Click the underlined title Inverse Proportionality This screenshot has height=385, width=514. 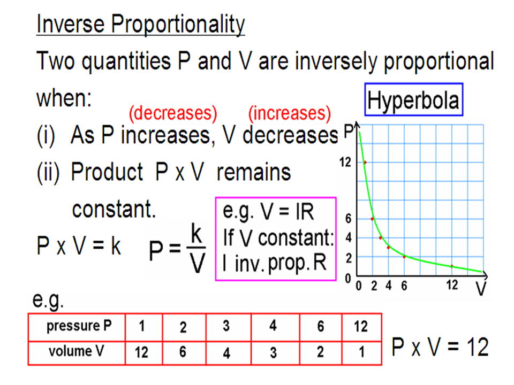point(141,24)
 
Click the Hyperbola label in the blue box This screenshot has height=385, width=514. point(413,100)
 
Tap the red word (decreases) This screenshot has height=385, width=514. point(173,113)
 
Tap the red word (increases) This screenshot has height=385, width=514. point(290,113)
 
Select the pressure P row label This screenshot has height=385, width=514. point(79,326)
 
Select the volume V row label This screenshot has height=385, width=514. point(77,351)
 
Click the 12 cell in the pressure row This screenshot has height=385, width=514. point(361,326)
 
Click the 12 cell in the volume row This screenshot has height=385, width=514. point(141,352)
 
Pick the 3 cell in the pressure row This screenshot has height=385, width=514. point(226,326)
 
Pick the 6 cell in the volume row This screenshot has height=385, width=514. point(183,352)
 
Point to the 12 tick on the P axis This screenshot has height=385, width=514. point(345,162)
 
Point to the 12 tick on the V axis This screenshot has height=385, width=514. point(452,285)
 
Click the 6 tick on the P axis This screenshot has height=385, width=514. point(348,219)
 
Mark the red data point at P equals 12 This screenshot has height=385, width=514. point(365,163)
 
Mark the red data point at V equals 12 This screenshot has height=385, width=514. point(452,266)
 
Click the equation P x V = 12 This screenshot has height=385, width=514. point(440,346)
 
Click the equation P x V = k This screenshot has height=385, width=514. point(79,245)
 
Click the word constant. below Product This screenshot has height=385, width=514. point(114,209)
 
